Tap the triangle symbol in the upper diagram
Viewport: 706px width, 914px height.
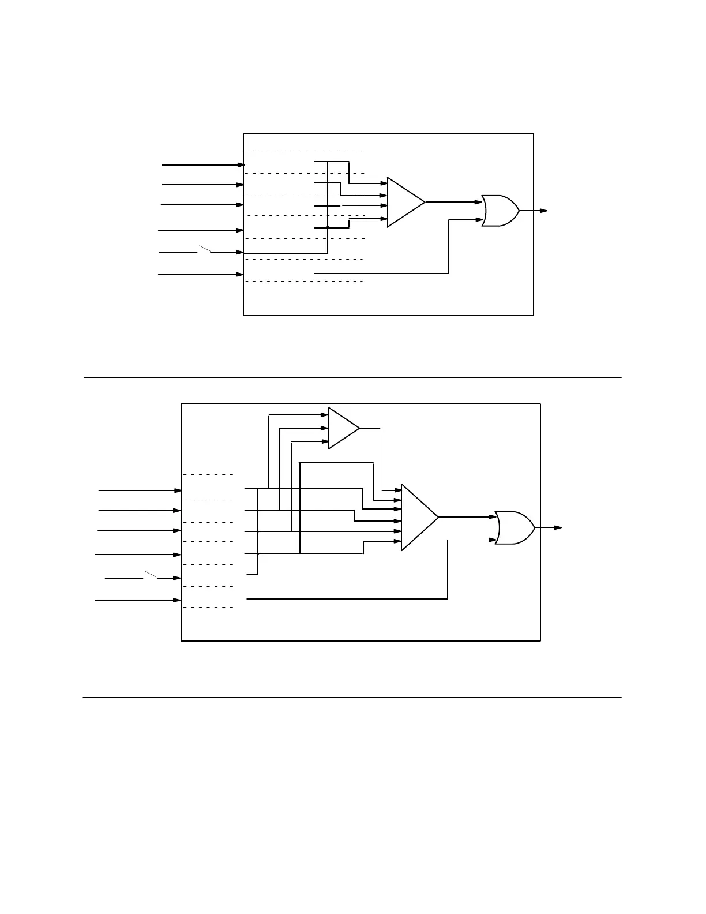(x=404, y=202)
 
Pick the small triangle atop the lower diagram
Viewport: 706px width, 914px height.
(x=342, y=428)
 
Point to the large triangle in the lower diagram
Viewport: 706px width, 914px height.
(x=418, y=517)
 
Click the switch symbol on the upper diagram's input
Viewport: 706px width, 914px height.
(x=205, y=249)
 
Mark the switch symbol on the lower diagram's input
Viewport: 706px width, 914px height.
(x=151, y=575)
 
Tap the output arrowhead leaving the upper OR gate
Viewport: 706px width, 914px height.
(x=543, y=211)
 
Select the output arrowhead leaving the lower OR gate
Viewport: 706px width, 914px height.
(x=558, y=527)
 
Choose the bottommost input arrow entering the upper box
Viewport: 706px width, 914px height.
(x=201, y=275)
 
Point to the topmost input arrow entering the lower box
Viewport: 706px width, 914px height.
(x=140, y=490)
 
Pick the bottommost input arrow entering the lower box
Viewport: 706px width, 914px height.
(x=138, y=600)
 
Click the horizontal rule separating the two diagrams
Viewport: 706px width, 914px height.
(x=352, y=377)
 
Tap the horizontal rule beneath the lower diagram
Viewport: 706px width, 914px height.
(x=352, y=698)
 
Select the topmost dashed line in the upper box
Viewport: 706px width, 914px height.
(x=304, y=152)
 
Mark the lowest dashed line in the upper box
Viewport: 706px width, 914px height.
(x=304, y=282)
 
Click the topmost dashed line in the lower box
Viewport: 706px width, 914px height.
(x=208, y=474)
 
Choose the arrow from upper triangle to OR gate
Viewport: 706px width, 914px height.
(x=453, y=202)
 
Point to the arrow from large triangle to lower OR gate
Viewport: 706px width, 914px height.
(x=467, y=517)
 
